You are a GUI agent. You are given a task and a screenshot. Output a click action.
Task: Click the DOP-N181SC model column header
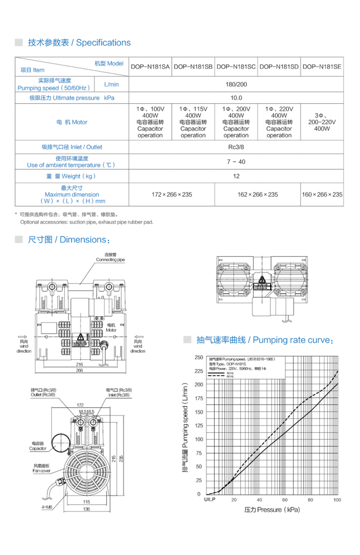point(236,67)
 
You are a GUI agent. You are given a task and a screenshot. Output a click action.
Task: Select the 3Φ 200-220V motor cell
point(322,122)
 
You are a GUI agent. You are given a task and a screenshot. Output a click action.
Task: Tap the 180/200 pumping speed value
point(236,85)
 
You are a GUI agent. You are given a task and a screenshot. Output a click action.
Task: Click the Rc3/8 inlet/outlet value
point(236,147)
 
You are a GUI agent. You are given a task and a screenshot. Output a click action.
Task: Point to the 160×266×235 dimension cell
point(322,195)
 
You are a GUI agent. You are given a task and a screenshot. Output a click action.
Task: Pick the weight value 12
point(236,176)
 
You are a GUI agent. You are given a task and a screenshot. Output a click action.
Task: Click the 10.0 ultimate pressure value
point(236,98)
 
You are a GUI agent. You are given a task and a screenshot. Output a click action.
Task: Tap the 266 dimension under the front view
point(79,370)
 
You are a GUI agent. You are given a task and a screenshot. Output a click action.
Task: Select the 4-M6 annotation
point(48,507)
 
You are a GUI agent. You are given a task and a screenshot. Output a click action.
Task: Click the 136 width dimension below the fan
point(86,509)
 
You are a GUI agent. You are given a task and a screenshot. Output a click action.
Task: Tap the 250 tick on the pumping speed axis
point(198,357)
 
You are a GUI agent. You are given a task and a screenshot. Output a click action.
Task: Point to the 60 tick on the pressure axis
point(285,500)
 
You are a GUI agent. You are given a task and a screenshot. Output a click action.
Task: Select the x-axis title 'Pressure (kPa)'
point(272,510)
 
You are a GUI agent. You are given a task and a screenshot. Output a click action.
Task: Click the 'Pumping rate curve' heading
point(264,340)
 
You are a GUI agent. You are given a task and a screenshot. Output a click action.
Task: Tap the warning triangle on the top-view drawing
point(262,280)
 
